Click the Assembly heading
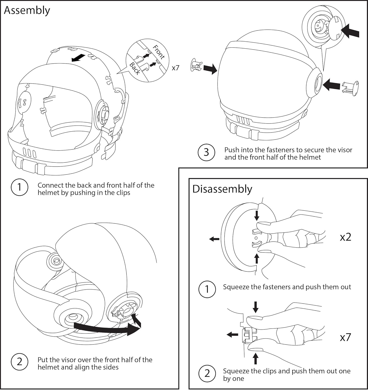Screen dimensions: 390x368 pyautogui.click(x=27, y=11)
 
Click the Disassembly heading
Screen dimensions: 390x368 pyautogui.click(x=222, y=189)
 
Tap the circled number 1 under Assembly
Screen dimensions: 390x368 pyautogui.click(x=19, y=187)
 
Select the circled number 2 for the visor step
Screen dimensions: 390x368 pyautogui.click(x=19, y=362)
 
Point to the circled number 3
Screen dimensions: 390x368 pyautogui.click(x=206, y=152)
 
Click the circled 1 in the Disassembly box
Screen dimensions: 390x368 pyautogui.click(x=207, y=289)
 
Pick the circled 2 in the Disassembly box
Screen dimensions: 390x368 pyautogui.click(x=207, y=374)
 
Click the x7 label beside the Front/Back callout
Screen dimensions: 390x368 pyautogui.click(x=176, y=68)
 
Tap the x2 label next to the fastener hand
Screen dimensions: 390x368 pyautogui.click(x=345, y=237)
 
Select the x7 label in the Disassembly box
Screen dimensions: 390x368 pyautogui.click(x=345, y=337)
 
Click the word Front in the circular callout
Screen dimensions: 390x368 pyautogui.click(x=159, y=52)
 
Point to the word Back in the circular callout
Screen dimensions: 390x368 pyautogui.click(x=135, y=68)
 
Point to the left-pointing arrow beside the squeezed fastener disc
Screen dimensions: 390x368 pyautogui.click(x=214, y=239)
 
